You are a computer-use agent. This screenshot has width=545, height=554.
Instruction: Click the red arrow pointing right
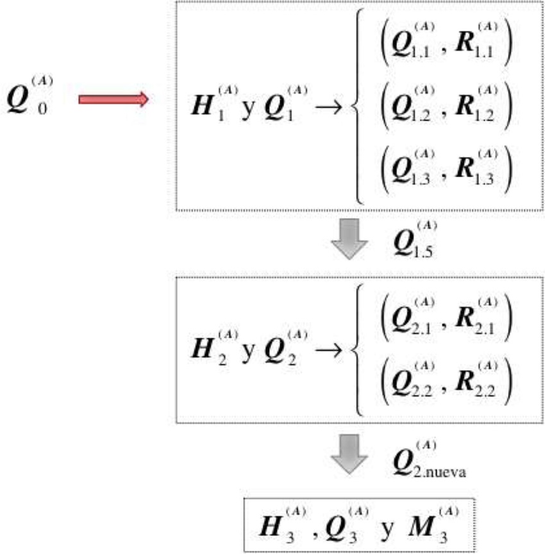coord(113,99)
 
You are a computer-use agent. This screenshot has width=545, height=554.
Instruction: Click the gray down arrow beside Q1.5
coord(349,239)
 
